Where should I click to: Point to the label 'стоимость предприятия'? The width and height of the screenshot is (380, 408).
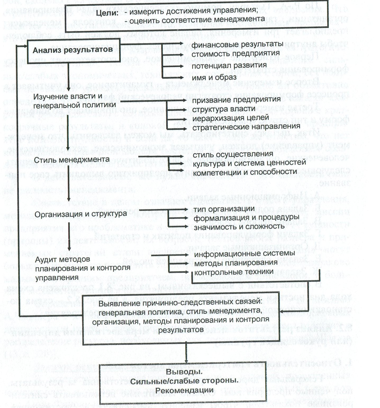(236, 54)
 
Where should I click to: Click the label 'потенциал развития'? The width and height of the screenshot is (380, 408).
(229, 65)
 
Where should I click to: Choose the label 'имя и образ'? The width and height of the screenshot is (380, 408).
(214, 77)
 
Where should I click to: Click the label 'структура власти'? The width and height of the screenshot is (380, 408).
(224, 109)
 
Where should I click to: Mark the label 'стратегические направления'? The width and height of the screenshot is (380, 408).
(246, 127)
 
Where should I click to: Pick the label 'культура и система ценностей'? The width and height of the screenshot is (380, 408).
(249, 163)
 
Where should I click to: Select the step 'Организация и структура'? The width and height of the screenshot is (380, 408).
(81, 214)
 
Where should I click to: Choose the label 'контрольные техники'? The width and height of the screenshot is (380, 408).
(234, 272)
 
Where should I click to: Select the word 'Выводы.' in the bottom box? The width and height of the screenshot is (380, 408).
(184, 372)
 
